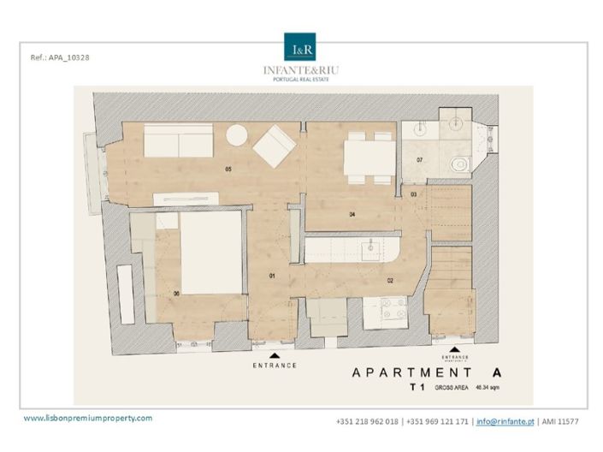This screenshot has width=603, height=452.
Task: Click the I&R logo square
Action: coord(300,47)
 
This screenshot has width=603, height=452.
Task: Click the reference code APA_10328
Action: coord(59,57)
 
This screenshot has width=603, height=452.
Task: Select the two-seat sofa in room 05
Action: coord(178,140)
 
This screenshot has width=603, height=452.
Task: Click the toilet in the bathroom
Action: coord(459,163)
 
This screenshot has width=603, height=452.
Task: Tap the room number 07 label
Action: coord(420,160)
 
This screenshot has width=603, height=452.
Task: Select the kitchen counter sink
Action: coord(372,250)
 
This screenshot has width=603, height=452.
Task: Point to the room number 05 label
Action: coord(228,169)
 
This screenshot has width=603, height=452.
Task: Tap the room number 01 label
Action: coord(273,276)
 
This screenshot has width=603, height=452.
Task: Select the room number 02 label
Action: coord(389,280)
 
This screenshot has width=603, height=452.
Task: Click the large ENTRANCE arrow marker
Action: coord(275,354)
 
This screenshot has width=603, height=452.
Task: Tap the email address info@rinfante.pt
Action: coord(506,422)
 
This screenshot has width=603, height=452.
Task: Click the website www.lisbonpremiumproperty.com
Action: coord(87,418)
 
